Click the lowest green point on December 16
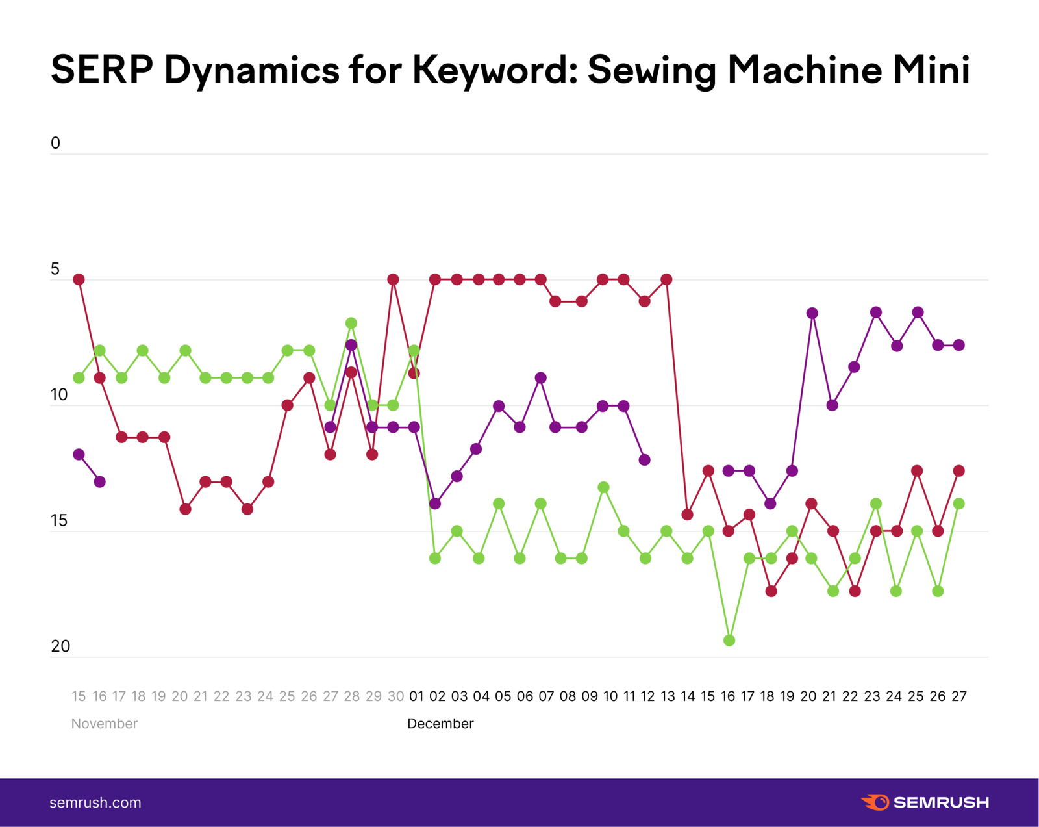pyautogui.click(x=729, y=641)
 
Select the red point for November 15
pyautogui.click(x=79, y=279)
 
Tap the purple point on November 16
pyautogui.click(x=99, y=482)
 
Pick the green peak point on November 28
pyautogui.click(x=351, y=323)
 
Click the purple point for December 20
pyautogui.click(x=812, y=313)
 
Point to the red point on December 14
pyautogui.click(x=688, y=515)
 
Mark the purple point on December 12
pyautogui.click(x=645, y=460)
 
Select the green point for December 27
pyautogui.click(x=958, y=503)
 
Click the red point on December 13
pyautogui.click(x=666, y=279)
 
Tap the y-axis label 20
pyautogui.click(x=60, y=646)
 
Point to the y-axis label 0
pyautogui.click(x=55, y=143)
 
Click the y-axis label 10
pyautogui.click(x=59, y=395)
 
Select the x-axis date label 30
pyautogui.click(x=395, y=696)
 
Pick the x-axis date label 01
pyautogui.click(x=416, y=696)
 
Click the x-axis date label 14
pyautogui.click(x=688, y=696)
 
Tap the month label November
pyautogui.click(x=104, y=724)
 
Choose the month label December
pyautogui.click(x=440, y=724)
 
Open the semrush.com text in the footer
pyautogui.click(x=95, y=803)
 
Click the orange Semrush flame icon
pyautogui.click(x=875, y=802)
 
